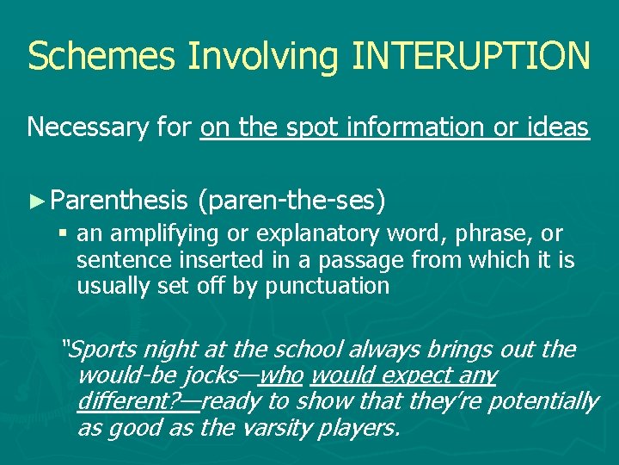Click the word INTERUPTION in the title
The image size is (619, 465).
[x=471, y=55]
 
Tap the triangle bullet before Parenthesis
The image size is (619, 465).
[x=36, y=201]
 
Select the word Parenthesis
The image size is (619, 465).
[x=119, y=201]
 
